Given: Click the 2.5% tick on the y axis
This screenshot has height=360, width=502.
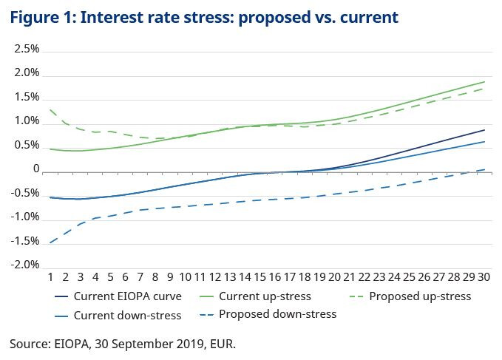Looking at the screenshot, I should point(27,50).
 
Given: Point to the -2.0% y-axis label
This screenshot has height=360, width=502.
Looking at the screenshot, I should point(25,265).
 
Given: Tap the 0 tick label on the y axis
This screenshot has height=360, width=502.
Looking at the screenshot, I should point(35,169).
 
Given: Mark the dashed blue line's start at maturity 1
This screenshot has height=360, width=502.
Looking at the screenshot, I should point(50,242).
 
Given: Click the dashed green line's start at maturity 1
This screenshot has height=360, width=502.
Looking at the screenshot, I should point(50,109).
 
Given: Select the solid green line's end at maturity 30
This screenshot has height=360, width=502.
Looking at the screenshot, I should point(485,82).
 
